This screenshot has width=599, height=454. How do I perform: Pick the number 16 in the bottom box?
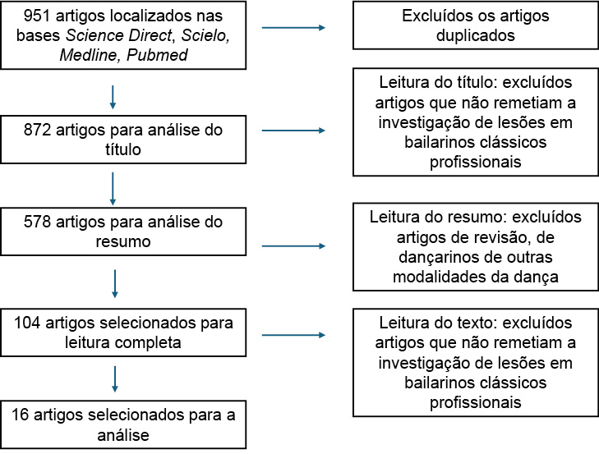tap(21, 415)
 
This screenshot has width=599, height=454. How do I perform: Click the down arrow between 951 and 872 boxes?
tap(113, 98)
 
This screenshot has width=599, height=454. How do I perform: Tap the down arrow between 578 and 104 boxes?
tap(113, 283)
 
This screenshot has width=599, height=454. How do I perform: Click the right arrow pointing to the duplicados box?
tap(293, 29)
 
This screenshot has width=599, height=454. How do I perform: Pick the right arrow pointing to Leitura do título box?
tap(293, 131)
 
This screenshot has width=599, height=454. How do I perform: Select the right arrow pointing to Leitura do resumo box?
tap(293, 245)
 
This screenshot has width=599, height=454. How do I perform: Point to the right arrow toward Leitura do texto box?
tap(293, 335)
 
